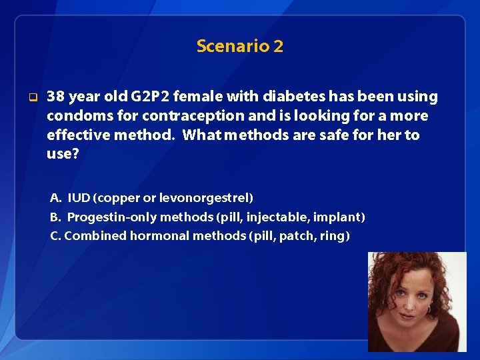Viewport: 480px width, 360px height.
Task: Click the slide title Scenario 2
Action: (239, 46)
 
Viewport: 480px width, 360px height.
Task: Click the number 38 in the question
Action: (56, 97)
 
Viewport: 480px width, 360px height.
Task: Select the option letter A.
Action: (56, 198)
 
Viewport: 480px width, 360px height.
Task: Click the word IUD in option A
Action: (79, 198)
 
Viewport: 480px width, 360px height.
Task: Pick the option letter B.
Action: (55, 217)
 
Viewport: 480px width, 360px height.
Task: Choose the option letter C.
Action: (55, 236)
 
